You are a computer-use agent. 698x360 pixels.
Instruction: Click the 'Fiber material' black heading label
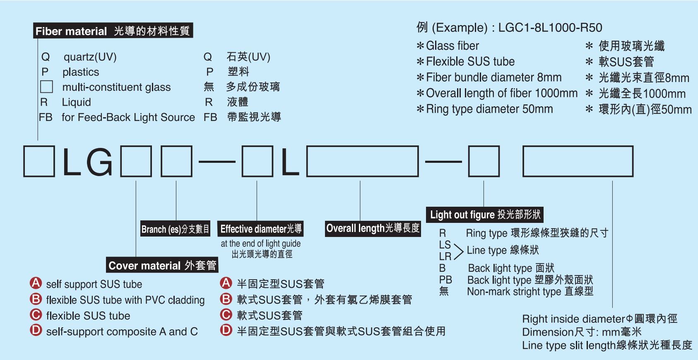(113, 31)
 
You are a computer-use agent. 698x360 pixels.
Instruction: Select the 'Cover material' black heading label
(162, 265)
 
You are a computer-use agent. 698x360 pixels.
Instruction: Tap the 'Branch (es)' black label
(175, 229)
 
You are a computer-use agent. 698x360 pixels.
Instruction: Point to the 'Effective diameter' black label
(260, 229)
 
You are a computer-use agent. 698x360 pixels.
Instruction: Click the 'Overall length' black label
(373, 228)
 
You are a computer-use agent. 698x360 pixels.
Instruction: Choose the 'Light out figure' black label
(484, 215)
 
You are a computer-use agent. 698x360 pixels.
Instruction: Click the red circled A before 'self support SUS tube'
(36, 283)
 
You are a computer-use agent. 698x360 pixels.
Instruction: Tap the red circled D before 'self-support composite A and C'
(36, 330)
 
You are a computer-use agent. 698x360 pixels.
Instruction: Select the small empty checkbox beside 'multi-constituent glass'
(46, 87)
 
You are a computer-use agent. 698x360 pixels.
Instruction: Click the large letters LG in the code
(88, 162)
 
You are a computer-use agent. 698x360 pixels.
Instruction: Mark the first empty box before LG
(39, 161)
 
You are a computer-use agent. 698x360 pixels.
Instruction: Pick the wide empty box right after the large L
(362, 161)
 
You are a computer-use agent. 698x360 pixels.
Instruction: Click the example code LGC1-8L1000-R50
(550, 27)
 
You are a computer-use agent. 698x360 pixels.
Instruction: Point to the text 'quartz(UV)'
(90, 57)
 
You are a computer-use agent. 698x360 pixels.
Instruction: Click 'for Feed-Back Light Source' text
(128, 117)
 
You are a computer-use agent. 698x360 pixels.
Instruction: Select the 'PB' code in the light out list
(445, 280)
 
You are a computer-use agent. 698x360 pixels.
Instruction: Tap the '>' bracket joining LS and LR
(459, 251)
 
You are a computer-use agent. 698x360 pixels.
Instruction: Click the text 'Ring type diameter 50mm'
(489, 109)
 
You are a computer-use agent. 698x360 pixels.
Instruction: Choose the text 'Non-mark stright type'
(514, 291)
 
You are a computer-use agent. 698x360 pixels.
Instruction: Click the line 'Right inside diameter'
(599, 319)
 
